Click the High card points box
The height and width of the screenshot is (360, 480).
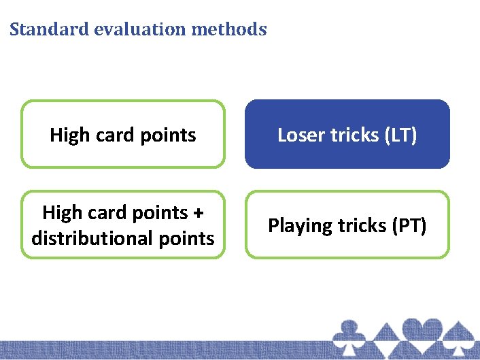click(x=122, y=135)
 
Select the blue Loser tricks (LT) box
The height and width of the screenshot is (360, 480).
click(x=347, y=135)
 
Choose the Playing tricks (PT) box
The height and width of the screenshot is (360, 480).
click(x=347, y=225)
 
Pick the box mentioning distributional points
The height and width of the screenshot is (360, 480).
click(x=122, y=225)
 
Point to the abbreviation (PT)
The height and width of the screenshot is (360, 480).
click(x=410, y=225)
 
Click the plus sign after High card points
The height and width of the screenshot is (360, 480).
click(x=198, y=213)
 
